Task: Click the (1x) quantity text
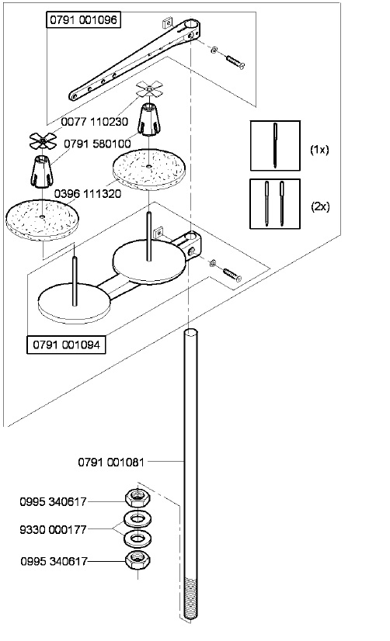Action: pyautogui.click(x=319, y=149)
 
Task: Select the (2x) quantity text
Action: pyautogui.click(x=319, y=207)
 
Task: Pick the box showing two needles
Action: pyautogui.click(x=275, y=203)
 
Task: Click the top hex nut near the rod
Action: pyautogui.click(x=137, y=496)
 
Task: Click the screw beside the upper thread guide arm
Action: pyautogui.click(x=233, y=60)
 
